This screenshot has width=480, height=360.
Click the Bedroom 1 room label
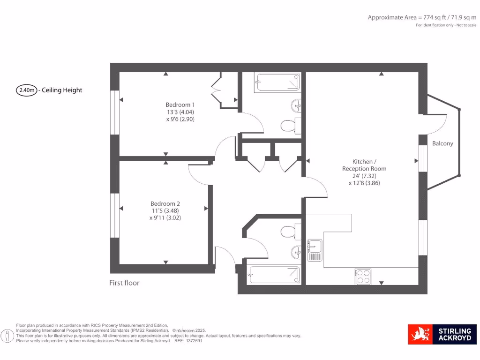click(180, 105)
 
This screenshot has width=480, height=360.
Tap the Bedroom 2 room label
click(165, 203)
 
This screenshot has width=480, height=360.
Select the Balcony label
click(442, 143)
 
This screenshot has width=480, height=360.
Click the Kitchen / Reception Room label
click(364, 165)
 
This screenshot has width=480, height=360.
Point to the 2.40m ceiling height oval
click(27, 90)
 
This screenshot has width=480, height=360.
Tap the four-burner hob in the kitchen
click(363, 276)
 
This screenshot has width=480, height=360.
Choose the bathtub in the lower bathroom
click(274, 275)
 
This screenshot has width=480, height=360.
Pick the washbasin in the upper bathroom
click(296, 105)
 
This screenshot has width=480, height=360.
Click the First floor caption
click(124, 283)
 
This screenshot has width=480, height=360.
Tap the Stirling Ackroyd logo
click(442, 334)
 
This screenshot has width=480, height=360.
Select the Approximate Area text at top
click(422, 17)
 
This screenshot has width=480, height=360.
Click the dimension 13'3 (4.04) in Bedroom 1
click(180, 112)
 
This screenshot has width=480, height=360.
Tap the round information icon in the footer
click(7, 336)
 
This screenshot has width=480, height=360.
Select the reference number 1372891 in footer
click(192, 341)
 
